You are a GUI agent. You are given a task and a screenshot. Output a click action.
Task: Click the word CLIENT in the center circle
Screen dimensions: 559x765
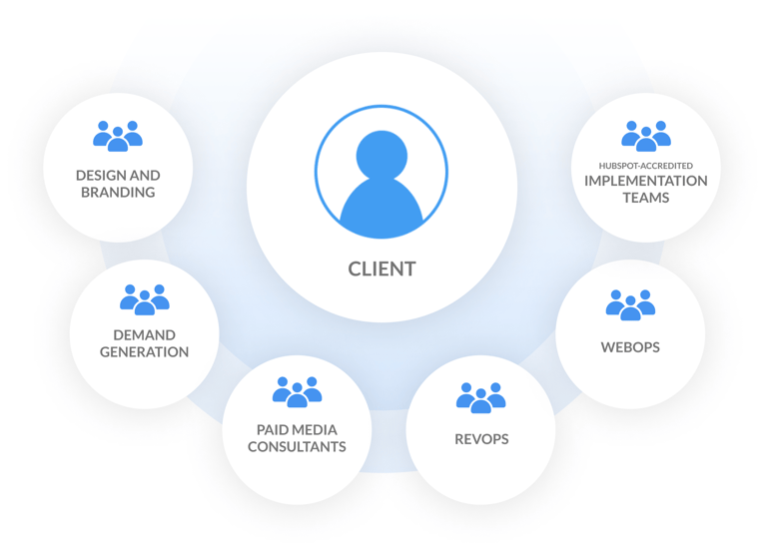pyautogui.click(x=382, y=269)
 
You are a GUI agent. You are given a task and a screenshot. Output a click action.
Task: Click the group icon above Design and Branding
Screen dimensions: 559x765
pyautogui.click(x=118, y=136)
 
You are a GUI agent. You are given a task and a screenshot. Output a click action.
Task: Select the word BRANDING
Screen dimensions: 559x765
pyautogui.click(x=118, y=192)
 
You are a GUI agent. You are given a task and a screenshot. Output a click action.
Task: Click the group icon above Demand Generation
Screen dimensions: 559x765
pyautogui.click(x=145, y=299)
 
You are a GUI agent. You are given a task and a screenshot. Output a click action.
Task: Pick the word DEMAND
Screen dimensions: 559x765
pyautogui.click(x=145, y=334)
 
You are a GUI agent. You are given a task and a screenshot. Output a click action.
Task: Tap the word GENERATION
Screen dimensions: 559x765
pyautogui.click(x=145, y=351)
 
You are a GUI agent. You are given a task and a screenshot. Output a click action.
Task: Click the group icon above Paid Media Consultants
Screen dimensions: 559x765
pyautogui.click(x=297, y=391)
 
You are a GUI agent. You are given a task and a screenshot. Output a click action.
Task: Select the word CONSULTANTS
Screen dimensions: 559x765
pyautogui.click(x=297, y=446)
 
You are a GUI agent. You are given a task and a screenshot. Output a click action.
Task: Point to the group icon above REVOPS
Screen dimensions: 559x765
pyautogui.click(x=480, y=397)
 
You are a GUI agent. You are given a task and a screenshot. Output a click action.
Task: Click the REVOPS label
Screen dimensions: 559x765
pyautogui.click(x=480, y=439)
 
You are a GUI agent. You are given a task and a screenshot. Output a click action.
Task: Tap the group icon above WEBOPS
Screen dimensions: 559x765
pyautogui.click(x=630, y=304)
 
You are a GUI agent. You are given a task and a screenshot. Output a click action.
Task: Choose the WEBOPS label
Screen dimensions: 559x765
pyautogui.click(x=630, y=347)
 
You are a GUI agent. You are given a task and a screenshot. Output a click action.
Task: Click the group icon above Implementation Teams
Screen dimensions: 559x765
pyautogui.click(x=646, y=136)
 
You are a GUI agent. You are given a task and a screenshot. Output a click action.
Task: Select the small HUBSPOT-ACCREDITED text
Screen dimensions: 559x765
pyautogui.click(x=646, y=166)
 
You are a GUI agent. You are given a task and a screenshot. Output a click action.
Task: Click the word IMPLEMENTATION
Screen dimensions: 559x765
pyautogui.click(x=646, y=181)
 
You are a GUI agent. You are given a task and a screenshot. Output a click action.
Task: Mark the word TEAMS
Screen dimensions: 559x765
pyautogui.click(x=646, y=198)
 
